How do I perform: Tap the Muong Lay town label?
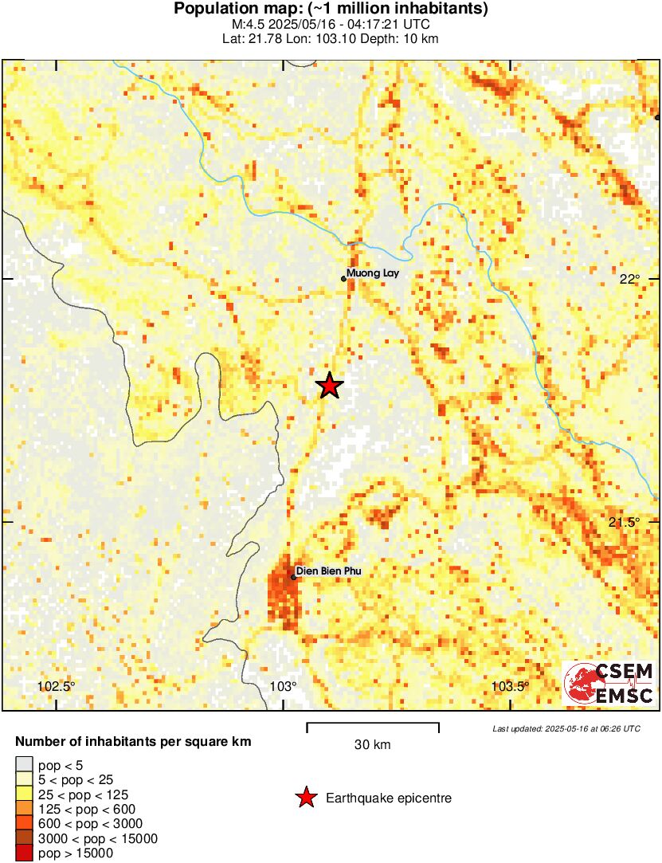coord(372,273)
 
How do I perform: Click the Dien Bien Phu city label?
coord(328,571)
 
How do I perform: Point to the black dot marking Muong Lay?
coord(343,279)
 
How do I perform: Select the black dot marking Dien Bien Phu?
coord(293,577)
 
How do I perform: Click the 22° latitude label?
coord(629,279)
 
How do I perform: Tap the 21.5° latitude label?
coord(625,522)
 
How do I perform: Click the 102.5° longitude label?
coord(56,687)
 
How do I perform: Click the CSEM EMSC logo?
coord(609,684)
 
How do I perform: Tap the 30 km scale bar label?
coord(372,745)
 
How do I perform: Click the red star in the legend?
coord(305,798)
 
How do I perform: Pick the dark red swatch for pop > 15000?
coord(24,853)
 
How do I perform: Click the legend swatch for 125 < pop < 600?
coord(24,810)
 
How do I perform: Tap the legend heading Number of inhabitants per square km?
coord(134,742)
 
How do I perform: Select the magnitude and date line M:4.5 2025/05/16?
coord(331,25)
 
